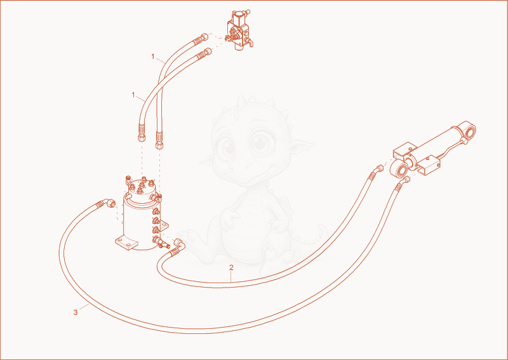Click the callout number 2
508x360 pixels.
pyautogui.click(x=231, y=267)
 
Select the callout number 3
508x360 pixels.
pyautogui.click(x=76, y=312)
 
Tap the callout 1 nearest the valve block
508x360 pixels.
pyautogui.click(x=153, y=57)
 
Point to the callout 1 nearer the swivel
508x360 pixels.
pyautogui.click(x=133, y=95)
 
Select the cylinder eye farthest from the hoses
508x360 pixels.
pyautogui.click(x=468, y=130)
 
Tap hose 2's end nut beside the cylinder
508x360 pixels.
pyautogui.click(x=378, y=169)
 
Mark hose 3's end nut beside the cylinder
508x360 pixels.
pyautogui.click(x=406, y=179)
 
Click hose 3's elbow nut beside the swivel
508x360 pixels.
pyautogui.click(x=111, y=204)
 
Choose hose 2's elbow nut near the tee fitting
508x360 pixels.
pyautogui.click(x=178, y=243)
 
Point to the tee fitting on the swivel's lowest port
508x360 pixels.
pyautogui.click(x=161, y=242)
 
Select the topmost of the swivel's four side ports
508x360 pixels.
pyautogui.click(x=156, y=212)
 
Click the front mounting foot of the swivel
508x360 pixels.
pyautogui.click(x=126, y=243)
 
